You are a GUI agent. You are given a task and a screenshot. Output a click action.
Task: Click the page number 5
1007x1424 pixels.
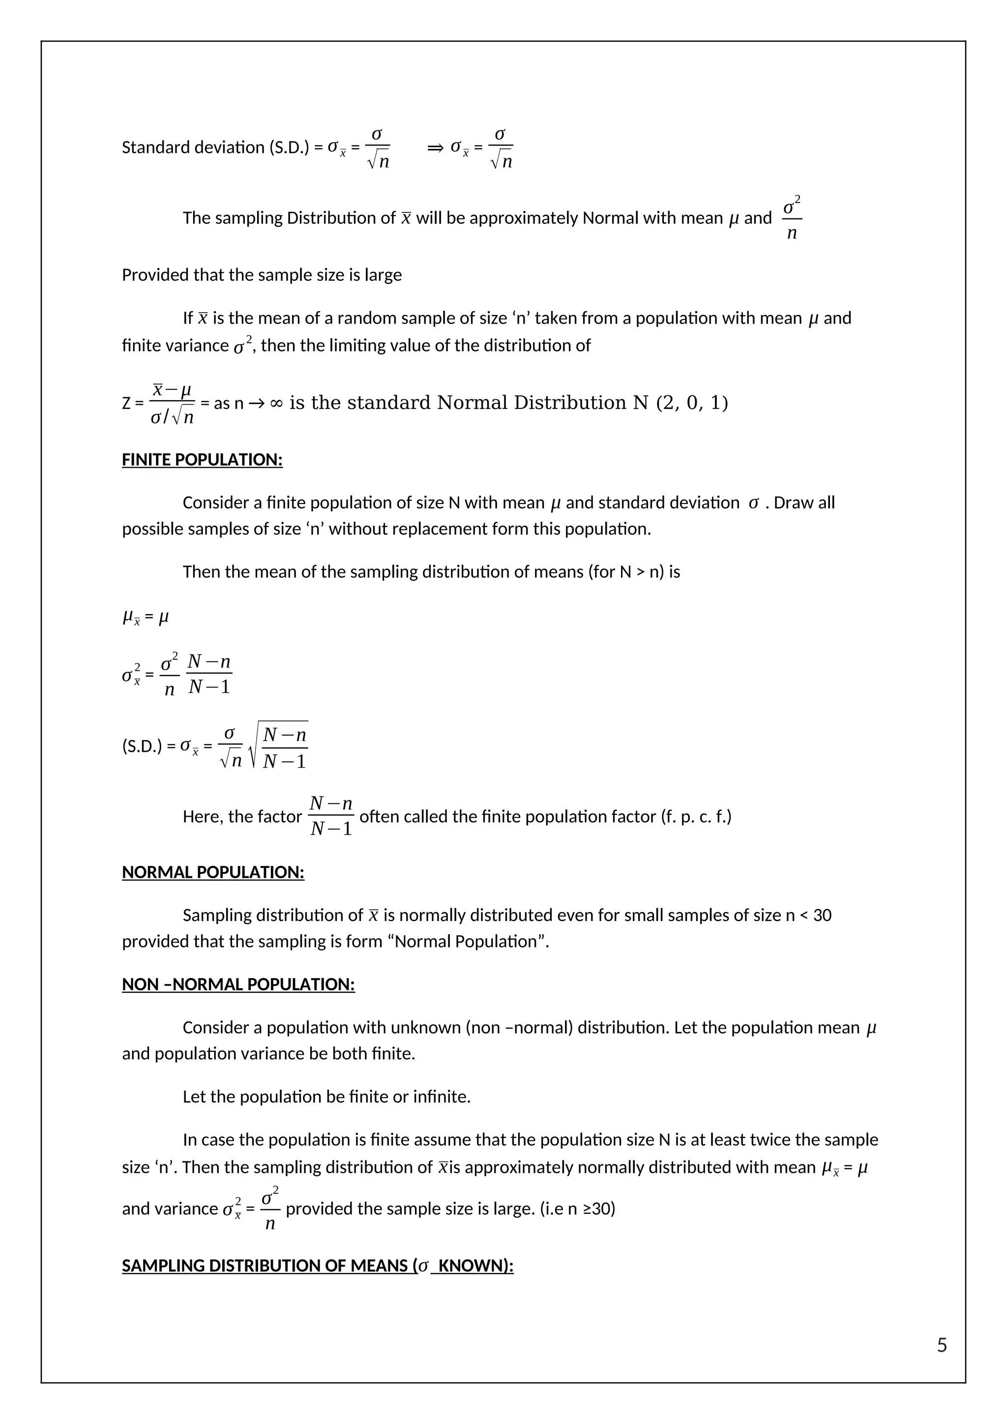941,1345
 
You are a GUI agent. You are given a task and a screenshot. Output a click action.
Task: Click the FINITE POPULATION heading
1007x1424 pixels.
202,460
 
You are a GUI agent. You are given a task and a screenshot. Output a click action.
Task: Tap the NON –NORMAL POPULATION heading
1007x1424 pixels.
238,984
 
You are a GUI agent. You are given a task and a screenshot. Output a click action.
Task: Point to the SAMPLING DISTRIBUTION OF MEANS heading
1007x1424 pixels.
318,1265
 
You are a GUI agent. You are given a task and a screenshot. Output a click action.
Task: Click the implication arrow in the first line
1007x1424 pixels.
435,148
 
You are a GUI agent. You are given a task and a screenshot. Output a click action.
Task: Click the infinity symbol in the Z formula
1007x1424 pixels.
276,404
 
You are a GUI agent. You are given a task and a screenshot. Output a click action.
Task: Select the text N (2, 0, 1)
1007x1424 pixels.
680,403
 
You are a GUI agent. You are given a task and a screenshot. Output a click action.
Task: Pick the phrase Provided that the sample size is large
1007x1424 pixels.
261,275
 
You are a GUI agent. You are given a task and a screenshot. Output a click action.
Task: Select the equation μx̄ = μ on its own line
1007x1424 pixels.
145,618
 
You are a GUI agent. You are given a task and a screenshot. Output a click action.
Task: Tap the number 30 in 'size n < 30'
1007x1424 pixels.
822,916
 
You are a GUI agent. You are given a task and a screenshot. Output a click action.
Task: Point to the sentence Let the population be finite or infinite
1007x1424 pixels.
326,1097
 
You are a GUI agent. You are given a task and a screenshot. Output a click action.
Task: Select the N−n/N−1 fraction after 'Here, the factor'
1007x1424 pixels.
330,816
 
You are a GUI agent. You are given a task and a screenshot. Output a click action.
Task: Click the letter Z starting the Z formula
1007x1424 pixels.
126,404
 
